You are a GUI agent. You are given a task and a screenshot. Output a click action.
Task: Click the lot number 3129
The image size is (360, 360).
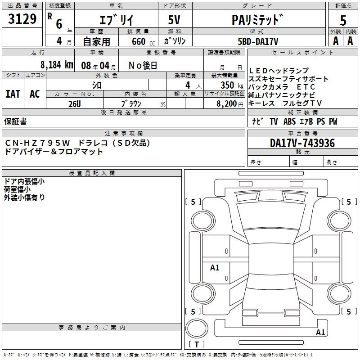point(22,19)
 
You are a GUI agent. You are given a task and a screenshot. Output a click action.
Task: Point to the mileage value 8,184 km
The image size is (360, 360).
point(56,64)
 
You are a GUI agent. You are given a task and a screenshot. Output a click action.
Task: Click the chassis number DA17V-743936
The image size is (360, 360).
point(302,143)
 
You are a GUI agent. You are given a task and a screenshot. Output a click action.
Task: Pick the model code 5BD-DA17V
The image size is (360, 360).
point(258,41)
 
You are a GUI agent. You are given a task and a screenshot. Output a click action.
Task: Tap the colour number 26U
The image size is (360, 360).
point(74,103)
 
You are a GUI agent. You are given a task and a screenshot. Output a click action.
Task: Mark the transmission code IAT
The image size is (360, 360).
point(13,94)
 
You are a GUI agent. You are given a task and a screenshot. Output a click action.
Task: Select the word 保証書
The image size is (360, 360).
point(15,121)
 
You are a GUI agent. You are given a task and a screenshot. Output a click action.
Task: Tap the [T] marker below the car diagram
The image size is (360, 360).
point(198,345)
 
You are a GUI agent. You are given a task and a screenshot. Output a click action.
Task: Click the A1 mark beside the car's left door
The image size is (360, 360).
point(215,268)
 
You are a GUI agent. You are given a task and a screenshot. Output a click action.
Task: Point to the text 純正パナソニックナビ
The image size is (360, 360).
point(282,95)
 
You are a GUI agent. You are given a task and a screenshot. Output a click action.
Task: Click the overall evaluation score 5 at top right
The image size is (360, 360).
point(343,21)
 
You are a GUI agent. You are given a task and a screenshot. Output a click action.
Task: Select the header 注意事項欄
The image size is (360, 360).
point(123,134)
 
